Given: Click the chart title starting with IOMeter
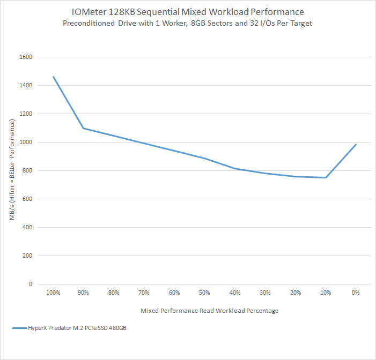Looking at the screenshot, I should point(188,11).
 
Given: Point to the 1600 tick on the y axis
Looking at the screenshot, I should point(25,57).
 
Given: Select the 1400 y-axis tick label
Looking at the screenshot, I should point(25,85).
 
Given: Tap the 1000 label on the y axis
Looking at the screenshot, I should point(25,142).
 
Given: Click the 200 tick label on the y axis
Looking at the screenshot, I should point(27,256).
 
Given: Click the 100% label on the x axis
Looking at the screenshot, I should point(53,293).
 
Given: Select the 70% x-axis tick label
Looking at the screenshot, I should point(144,293).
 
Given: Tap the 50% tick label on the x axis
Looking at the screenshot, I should point(204,293).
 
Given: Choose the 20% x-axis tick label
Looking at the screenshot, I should point(295,293).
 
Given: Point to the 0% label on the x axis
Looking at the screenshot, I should point(356,293).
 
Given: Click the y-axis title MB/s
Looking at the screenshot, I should point(12,170).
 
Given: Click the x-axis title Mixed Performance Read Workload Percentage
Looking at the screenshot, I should point(209,311).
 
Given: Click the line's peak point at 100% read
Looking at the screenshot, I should point(53,77).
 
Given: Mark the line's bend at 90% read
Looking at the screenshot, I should point(83,128).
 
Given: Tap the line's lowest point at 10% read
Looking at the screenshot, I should point(326,177).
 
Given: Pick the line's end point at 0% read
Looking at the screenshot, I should point(356,144).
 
